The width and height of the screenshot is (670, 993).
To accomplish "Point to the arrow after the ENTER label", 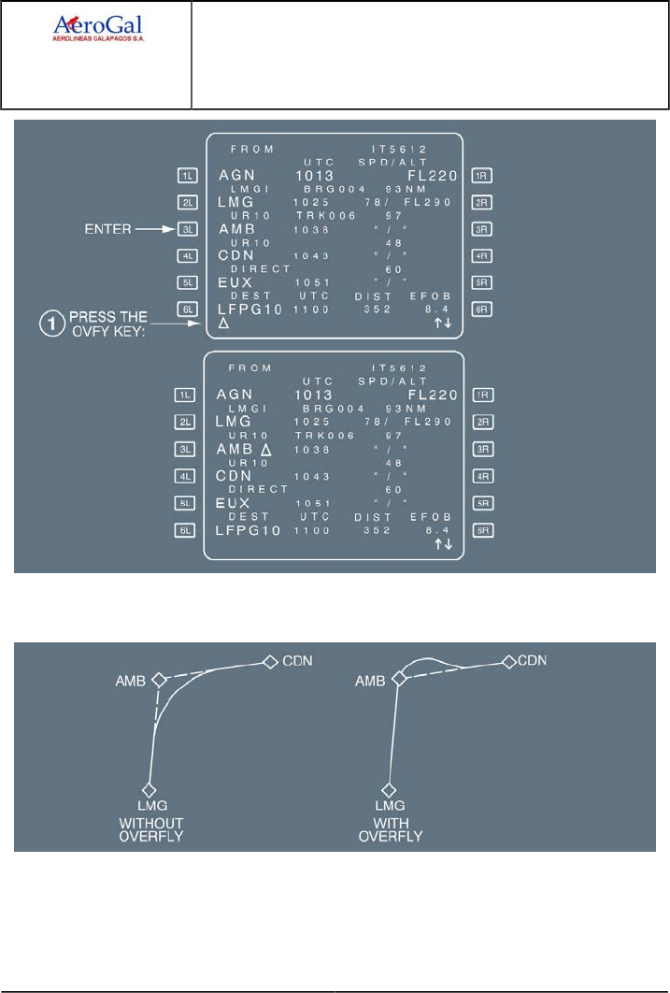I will tap(151, 228).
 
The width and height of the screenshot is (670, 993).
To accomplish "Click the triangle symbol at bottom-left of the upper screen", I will tap(223, 324).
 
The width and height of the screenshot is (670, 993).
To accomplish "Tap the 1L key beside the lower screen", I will tap(185, 396).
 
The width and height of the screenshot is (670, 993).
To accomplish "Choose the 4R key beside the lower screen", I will tap(483, 476).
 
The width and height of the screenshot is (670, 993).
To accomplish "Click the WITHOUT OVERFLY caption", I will tap(150, 828).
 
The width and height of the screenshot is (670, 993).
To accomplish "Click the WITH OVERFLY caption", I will tap(391, 828).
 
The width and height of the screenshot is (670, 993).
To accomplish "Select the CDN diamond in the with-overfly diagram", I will tap(508, 662).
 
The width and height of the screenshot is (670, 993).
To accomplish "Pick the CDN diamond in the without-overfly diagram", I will tap(269, 662).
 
